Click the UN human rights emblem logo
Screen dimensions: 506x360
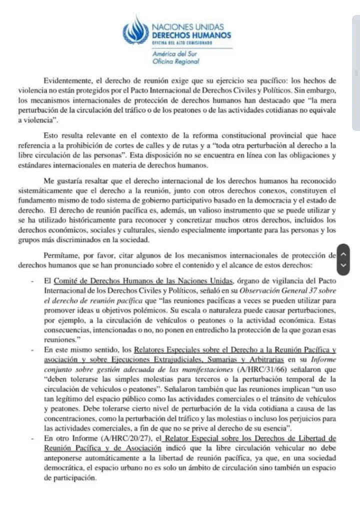[135, 30]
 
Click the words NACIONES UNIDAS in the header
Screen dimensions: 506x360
[187, 27]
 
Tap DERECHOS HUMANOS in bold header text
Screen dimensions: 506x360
[191, 35]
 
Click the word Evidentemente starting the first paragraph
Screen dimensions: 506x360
[67, 80]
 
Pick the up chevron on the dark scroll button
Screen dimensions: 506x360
[343, 254]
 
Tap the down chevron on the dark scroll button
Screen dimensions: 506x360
[343, 265]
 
